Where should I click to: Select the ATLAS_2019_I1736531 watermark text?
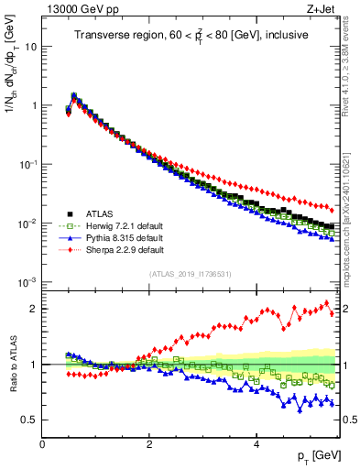coord(190,274)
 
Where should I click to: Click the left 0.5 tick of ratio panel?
coord(30,420)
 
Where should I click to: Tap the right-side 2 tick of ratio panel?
coord(346,309)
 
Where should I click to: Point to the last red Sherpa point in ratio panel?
coord(332,313)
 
